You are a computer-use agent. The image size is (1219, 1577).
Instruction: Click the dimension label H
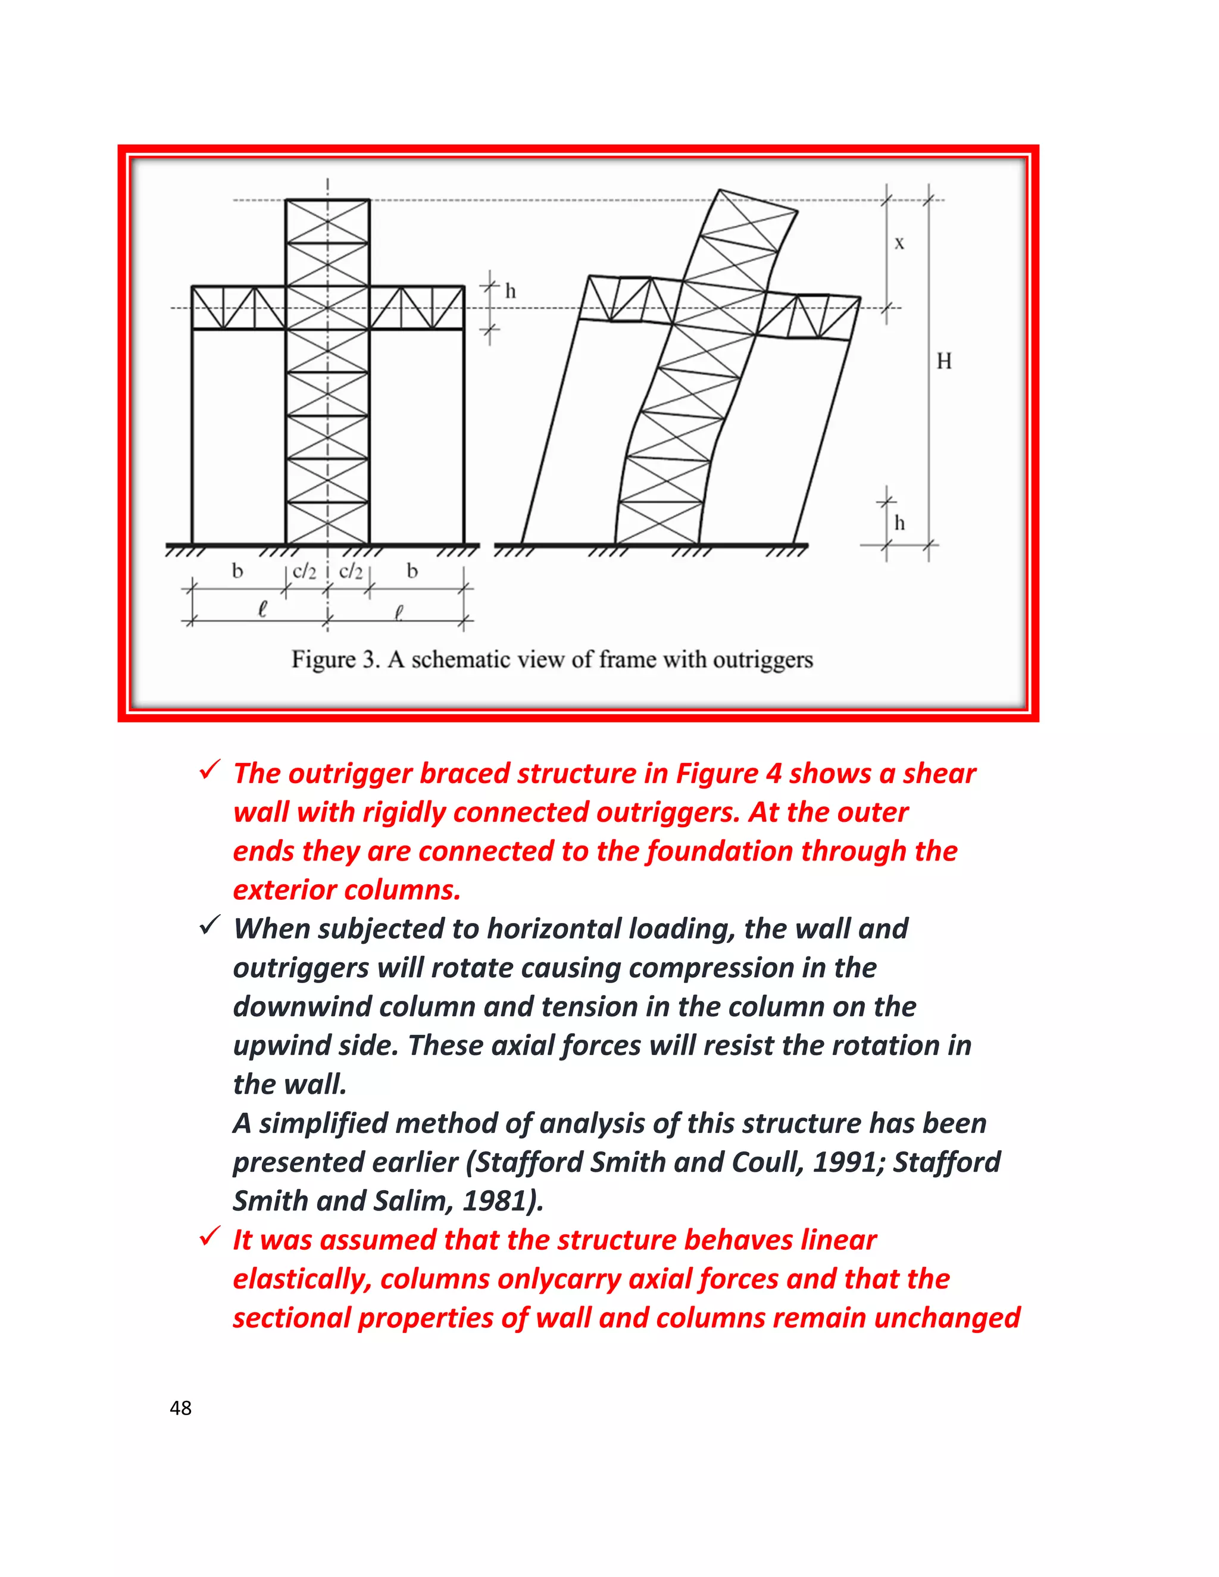coord(944,361)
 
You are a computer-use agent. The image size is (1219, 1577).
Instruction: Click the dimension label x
coord(899,244)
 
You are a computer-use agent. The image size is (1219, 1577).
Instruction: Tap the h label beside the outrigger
coord(511,292)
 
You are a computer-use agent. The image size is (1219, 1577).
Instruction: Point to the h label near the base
coord(899,522)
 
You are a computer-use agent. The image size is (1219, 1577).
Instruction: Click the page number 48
coord(180,1407)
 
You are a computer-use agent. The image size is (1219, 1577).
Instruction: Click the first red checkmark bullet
coord(210,771)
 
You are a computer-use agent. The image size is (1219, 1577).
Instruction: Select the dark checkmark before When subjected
coord(210,926)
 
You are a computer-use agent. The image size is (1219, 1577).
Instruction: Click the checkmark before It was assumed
coord(210,1237)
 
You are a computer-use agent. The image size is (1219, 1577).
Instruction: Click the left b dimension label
coord(237,571)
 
